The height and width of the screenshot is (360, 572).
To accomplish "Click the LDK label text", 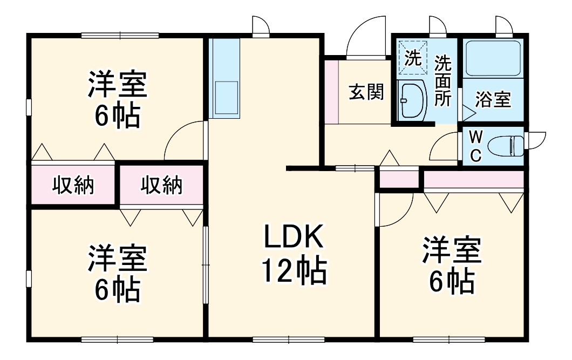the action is [294, 236].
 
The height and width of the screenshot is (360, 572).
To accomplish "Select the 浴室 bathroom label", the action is [493, 99].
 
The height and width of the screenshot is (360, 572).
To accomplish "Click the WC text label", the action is [476, 147].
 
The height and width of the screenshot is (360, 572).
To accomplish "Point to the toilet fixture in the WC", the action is [506, 146].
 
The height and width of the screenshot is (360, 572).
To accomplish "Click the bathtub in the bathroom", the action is [493, 58].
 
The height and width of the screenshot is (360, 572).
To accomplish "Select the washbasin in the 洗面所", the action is [412, 99].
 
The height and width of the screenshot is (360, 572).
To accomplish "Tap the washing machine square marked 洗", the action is [413, 58].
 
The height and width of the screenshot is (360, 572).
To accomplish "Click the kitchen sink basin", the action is [227, 97].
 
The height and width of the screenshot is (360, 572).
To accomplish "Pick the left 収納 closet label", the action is [73, 185].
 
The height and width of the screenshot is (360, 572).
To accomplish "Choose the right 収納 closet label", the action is [161, 185].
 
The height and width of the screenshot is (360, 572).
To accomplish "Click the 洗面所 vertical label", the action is [442, 80].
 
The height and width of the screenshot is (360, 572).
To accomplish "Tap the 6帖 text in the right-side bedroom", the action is [452, 282].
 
